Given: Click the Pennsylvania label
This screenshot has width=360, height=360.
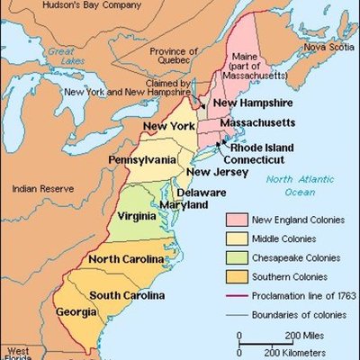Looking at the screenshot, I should click(x=142, y=159).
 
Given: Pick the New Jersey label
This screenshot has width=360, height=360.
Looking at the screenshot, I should click(x=212, y=172).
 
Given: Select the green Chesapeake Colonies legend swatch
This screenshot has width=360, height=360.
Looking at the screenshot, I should click(x=235, y=256).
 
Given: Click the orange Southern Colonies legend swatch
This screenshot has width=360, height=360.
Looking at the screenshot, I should click(x=235, y=275).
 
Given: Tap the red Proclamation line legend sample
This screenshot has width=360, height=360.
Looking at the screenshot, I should click(x=235, y=294).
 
